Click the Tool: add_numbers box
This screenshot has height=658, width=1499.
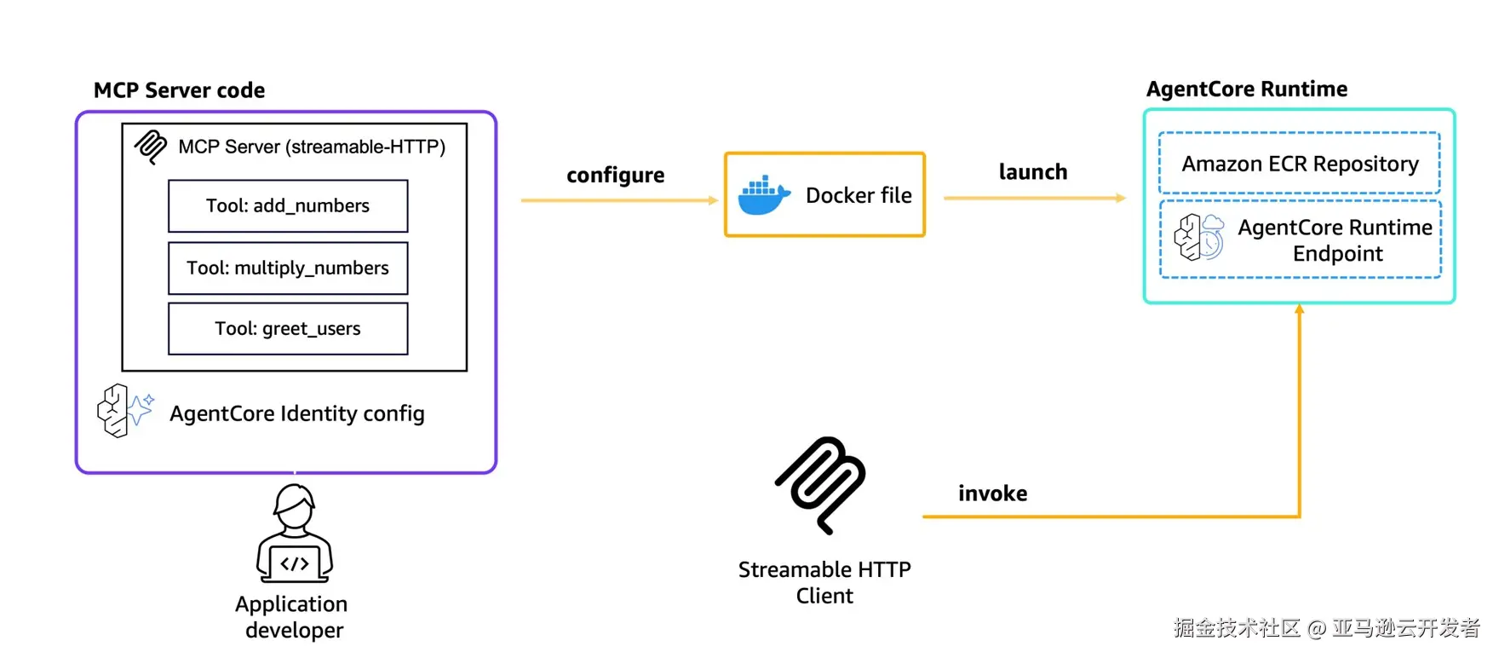click(x=288, y=205)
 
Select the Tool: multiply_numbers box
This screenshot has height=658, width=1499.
click(x=288, y=268)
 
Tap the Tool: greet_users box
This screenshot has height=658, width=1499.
click(x=288, y=328)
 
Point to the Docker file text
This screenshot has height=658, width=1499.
click(x=859, y=195)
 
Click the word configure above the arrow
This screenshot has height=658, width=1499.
click(x=615, y=176)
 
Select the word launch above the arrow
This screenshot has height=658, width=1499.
click(x=1032, y=172)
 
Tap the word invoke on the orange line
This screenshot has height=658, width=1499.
click(x=992, y=493)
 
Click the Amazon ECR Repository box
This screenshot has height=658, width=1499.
click(x=1299, y=163)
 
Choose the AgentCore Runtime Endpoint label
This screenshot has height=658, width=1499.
click(x=1335, y=240)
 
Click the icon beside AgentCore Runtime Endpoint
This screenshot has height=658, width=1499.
click(x=1198, y=237)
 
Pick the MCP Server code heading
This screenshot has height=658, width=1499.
click(x=179, y=90)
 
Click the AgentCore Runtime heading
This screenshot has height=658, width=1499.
click(x=1246, y=89)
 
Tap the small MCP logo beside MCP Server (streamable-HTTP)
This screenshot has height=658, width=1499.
click(x=151, y=147)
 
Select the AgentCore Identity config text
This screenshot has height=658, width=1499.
click(x=296, y=413)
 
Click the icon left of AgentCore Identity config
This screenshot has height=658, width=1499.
click(x=124, y=410)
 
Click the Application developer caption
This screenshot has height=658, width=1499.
click(x=292, y=616)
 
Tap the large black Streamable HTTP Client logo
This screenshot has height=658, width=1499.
click(x=820, y=484)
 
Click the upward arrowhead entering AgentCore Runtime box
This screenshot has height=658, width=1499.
click(x=1299, y=310)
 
